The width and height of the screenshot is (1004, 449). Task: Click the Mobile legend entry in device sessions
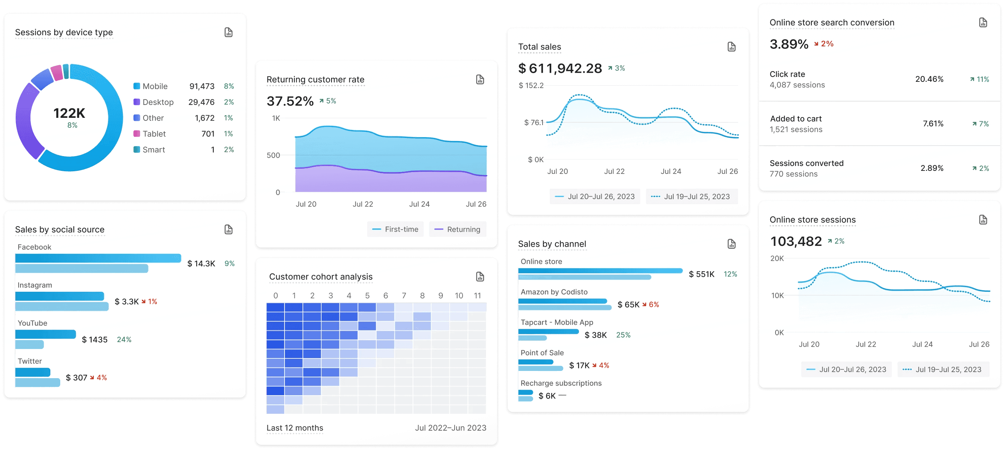154,86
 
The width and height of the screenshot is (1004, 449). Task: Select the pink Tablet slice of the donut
57,73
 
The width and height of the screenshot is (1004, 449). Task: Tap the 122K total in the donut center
69,113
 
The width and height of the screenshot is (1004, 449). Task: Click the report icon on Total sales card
731,47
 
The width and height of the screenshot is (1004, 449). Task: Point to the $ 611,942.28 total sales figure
560,69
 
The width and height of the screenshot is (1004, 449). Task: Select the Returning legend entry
458,229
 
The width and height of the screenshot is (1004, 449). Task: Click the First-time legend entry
396,229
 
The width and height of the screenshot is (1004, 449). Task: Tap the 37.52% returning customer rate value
290,101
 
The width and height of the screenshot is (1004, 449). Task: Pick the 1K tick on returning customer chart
276,118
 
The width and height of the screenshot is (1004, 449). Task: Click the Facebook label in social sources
34,247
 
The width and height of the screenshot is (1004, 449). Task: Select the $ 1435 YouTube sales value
95,339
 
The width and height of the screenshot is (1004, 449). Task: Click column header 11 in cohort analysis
477,296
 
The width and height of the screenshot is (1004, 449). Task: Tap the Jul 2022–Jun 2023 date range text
450,427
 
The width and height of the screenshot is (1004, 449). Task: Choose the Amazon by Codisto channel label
554,292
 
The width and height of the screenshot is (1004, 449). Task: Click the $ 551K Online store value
701,274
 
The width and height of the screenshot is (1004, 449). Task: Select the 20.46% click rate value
929,79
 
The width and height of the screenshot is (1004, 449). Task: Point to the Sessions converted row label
806,163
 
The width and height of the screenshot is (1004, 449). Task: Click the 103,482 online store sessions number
796,242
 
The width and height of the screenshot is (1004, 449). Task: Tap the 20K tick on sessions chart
777,258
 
